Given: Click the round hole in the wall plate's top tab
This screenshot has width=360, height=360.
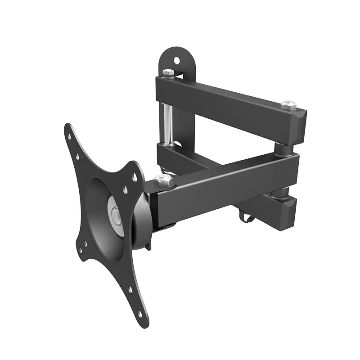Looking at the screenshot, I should coord(177,60).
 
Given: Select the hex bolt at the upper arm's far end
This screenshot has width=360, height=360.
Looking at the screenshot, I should coord(288,105).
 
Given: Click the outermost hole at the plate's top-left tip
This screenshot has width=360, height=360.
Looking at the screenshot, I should coord(69,135).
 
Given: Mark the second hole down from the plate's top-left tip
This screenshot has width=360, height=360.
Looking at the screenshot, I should coord(77,157).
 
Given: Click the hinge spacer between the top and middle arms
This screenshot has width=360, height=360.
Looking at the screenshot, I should coord(283,148).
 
